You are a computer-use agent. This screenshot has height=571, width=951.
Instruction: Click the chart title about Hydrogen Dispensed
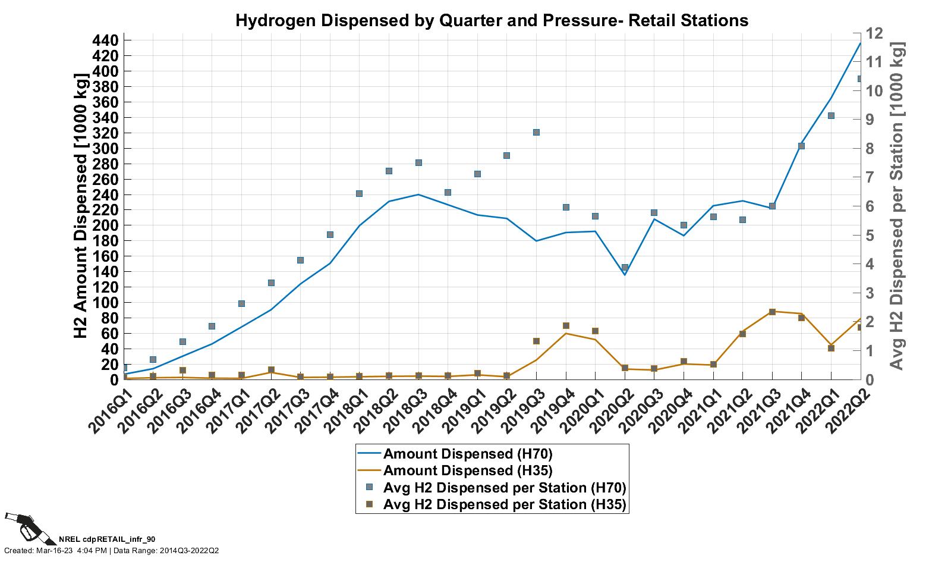[492, 20]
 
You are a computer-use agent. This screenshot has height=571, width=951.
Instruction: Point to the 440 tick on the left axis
[108, 40]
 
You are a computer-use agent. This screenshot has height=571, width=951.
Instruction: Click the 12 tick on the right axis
[876, 33]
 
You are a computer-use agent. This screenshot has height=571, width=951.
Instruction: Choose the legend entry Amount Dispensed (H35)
[468, 471]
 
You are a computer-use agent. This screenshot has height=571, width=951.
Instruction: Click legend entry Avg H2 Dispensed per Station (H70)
[505, 488]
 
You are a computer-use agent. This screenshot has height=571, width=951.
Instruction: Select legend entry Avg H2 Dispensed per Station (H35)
[505, 504]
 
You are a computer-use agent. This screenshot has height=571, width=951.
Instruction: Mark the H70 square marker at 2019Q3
[536, 132]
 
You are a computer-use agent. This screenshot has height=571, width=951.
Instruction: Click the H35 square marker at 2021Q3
[772, 312]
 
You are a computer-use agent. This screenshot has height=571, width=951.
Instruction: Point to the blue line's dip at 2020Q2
[625, 274]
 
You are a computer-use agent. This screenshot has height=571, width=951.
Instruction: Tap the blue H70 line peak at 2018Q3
[418, 194]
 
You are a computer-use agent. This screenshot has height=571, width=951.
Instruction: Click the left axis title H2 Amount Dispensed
[81, 206]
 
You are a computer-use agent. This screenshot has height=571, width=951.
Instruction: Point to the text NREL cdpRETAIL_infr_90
[107, 539]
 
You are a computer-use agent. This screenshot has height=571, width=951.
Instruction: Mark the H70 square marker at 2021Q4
[801, 146]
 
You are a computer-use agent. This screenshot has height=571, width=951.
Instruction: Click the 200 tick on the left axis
[108, 225]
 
